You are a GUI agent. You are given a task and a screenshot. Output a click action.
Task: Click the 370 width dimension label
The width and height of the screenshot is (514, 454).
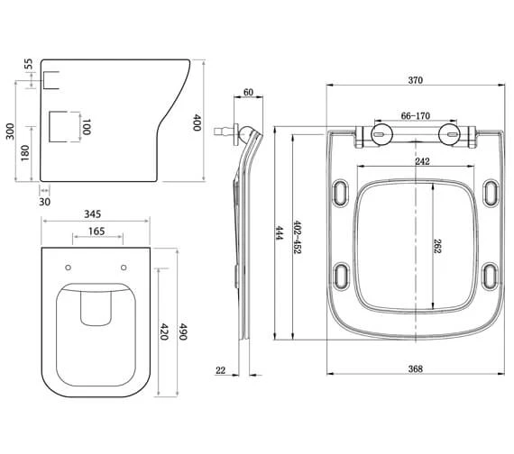click(415, 80)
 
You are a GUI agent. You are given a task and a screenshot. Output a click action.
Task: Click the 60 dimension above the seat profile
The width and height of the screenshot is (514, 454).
click(248, 93)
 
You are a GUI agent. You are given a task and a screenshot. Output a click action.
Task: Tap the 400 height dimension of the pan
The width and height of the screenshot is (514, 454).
click(197, 123)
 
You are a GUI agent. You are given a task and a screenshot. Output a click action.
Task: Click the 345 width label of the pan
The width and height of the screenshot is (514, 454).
click(91, 215)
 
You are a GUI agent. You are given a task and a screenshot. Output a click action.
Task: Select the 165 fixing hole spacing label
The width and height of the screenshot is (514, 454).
click(96, 232)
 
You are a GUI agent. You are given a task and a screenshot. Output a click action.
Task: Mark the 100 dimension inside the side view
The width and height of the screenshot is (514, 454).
click(87, 127)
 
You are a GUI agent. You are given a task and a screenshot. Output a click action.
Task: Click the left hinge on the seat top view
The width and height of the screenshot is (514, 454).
click(379, 136)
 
